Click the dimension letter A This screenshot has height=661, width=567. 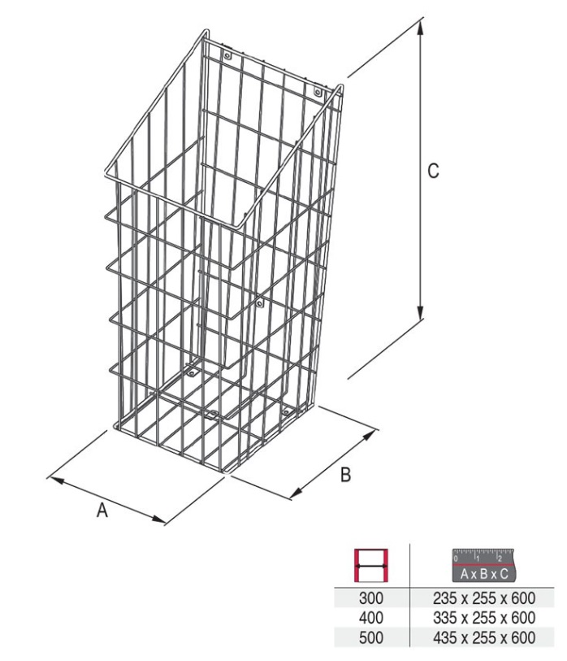click(x=102, y=511)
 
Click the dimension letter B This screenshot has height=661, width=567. click(x=345, y=475)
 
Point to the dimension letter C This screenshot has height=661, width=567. click(x=433, y=171)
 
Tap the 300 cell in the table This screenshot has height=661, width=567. click(x=371, y=598)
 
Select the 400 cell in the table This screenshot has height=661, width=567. click(x=371, y=618)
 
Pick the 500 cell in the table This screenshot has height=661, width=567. click(x=371, y=637)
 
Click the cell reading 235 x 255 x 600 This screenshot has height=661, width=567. click(x=484, y=598)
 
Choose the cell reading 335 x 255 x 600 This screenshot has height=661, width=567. click(x=484, y=618)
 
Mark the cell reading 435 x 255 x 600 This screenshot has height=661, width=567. click(x=484, y=637)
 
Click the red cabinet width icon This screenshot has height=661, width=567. click(x=370, y=565)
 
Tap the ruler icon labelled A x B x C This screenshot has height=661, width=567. click(x=483, y=565)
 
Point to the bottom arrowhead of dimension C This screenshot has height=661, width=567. click(x=420, y=313)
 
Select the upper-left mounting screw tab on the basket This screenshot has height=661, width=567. click(x=227, y=55)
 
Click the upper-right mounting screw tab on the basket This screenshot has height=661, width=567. click(x=318, y=92)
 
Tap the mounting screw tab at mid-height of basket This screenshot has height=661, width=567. click(x=259, y=302)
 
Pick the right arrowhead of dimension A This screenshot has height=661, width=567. click(x=158, y=520)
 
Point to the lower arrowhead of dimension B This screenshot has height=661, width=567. click(x=298, y=492)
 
